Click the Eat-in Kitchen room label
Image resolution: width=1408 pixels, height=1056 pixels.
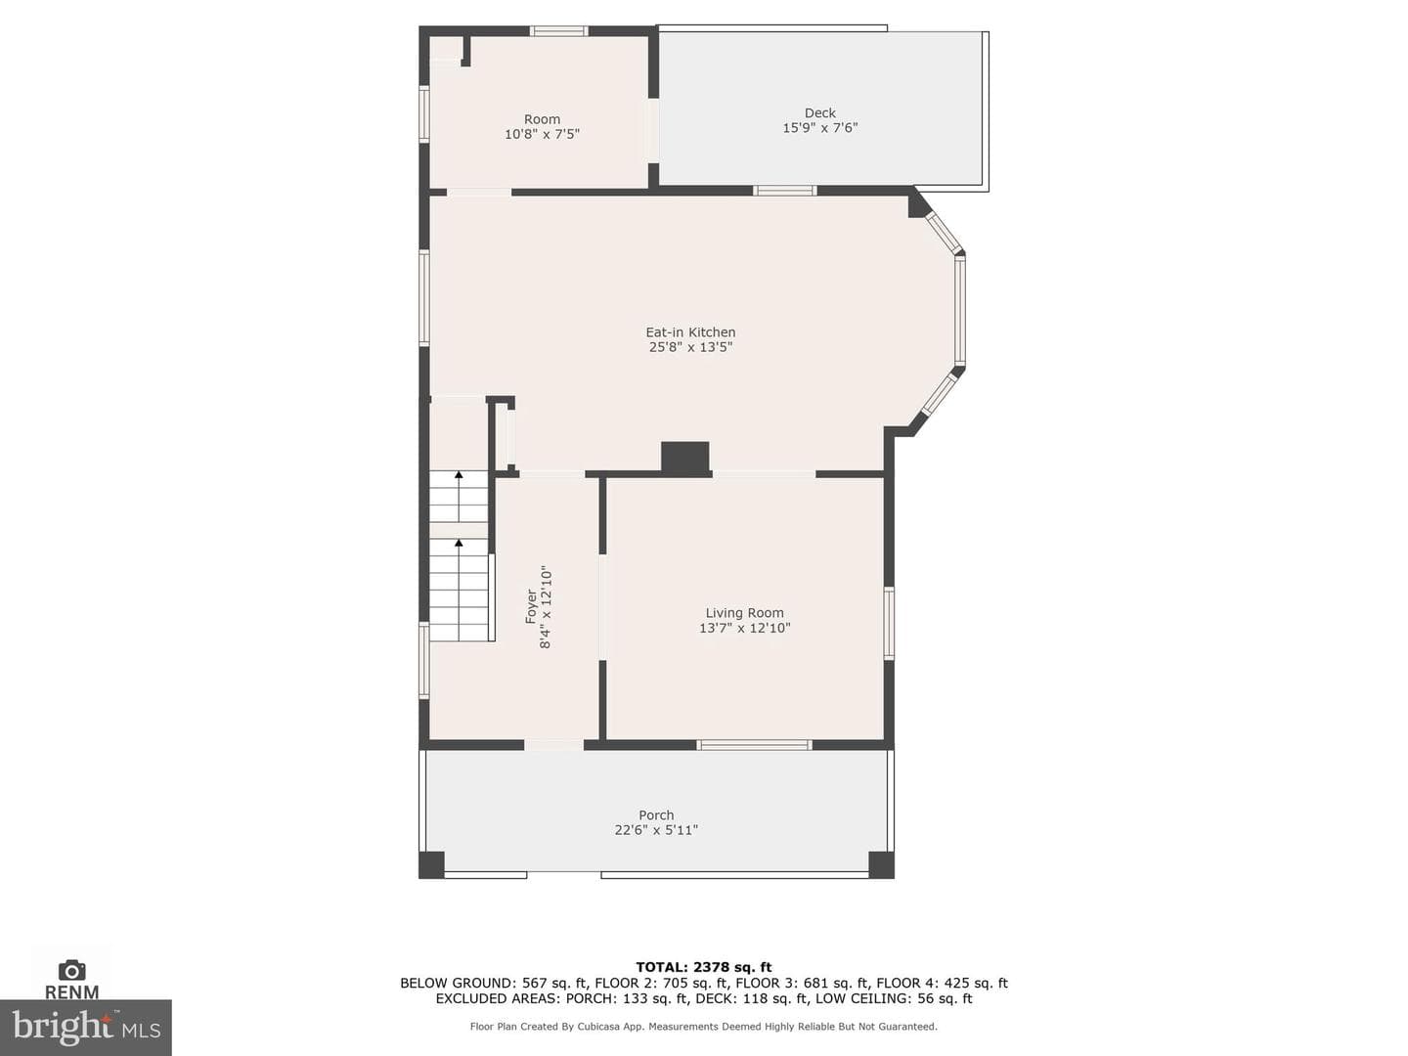click(690, 332)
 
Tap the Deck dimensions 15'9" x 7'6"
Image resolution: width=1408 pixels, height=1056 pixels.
click(819, 127)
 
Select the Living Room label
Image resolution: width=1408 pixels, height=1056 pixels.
click(744, 613)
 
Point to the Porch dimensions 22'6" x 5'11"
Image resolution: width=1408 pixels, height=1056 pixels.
click(656, 830)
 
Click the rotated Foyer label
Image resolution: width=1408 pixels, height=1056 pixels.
click(531, 606)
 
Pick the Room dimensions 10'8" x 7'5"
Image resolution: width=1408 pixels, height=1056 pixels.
click(542, 134)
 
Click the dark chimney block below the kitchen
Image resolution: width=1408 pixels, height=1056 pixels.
click(685, 459)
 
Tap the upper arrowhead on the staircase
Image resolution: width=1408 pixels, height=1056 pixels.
click(459, 474)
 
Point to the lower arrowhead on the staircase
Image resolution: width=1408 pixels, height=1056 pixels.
click(459, 543)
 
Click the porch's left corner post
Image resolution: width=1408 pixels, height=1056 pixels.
click(432, 864)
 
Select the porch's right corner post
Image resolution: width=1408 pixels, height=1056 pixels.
click(881, 864)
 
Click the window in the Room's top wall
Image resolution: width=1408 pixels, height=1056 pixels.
click(558, 30)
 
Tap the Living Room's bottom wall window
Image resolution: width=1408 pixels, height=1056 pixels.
click(754, 744)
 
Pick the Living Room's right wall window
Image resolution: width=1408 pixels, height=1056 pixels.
click(889, 623)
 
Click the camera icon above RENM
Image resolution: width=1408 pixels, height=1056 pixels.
click(71, 970)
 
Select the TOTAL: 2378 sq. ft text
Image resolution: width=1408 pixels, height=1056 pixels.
click(704, 967)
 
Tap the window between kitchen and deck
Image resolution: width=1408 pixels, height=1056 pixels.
click(784, 191)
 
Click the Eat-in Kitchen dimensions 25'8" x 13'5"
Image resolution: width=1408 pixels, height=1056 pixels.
click(690, 347)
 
